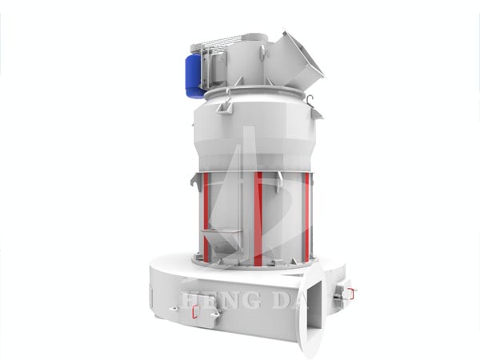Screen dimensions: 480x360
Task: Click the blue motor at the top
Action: pyautogui.click(x=194, y=76)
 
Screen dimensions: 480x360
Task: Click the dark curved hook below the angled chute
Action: pyautogui.click(x=310, y=99)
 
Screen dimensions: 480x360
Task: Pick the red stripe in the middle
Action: pyautogui.click(x=258, y=218)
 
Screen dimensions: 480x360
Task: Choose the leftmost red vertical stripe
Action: pyautogui.click(x=206, y=215)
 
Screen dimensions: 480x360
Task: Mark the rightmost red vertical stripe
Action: pyautogui.click(x=306, y=216)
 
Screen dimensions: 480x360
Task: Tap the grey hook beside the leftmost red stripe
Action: pyautogui.click(x=195, y=182)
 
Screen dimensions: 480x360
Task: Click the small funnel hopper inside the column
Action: pyautogui.click(x=222, y=240)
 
